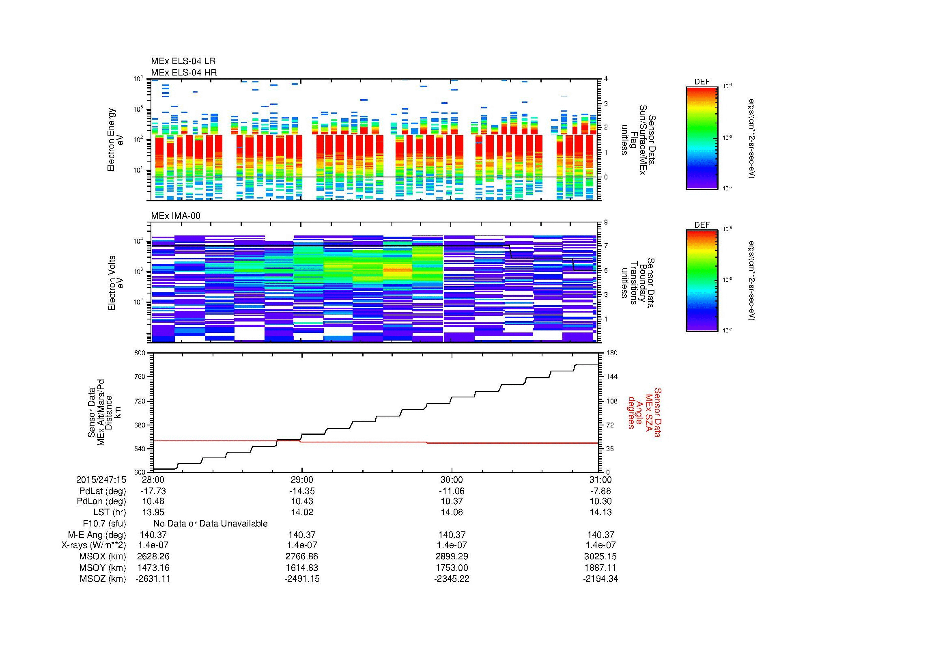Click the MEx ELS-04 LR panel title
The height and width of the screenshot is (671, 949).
(183, 61)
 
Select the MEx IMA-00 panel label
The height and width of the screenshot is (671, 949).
(176, 216)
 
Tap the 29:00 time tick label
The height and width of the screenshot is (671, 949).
(302, 479)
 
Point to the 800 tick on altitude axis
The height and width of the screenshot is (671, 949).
(140, 353)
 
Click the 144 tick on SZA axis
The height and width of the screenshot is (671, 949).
(611, 377)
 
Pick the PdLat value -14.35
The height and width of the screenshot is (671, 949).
(302, 491)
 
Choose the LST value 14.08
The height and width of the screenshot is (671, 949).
(451, 512)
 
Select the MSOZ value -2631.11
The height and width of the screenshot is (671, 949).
(153, 579)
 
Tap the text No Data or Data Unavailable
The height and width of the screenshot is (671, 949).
(211, 523)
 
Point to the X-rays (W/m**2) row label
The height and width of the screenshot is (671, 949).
(93, 545)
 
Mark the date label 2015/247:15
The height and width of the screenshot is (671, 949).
(101, 479)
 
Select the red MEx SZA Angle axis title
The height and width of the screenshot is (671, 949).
(644, 412)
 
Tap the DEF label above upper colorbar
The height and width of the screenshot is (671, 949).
(702, 82)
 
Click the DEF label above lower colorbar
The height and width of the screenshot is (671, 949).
(702, 225)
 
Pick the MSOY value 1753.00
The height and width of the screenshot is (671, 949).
(451, 567)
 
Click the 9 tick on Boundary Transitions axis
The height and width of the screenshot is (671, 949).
(606, 222)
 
